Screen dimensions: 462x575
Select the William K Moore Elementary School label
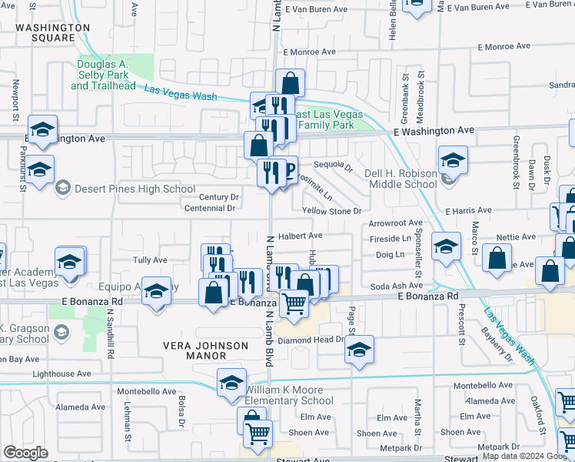click(289, 396)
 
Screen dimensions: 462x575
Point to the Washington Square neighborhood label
click(52, 32)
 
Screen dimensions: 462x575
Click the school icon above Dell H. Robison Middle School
click(453, 161)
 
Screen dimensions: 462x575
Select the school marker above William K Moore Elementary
click(231, 383)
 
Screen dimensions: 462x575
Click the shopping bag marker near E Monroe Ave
click(290, 82)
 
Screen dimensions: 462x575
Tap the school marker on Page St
click(359, 350)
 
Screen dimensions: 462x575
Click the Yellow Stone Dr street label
click(331, 210)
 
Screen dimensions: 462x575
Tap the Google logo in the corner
click(25, 453)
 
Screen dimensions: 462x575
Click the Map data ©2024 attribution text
click(510, 446)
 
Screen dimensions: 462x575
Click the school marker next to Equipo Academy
click(156, 293)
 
